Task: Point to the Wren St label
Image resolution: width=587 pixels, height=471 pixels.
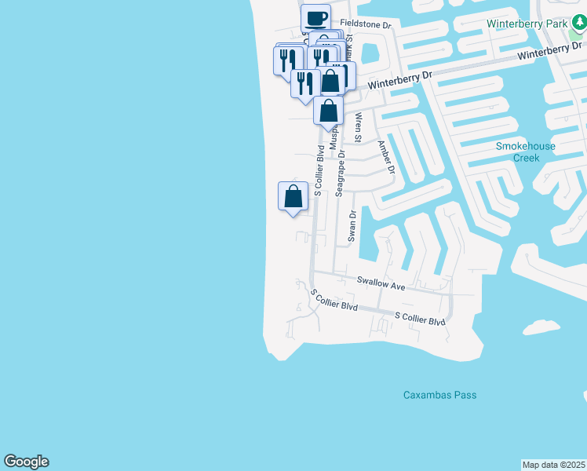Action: (x=359, y=128)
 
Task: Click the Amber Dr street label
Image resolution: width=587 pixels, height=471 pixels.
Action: (x=385, y=157)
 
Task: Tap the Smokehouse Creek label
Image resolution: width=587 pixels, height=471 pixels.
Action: (x=526, y=152)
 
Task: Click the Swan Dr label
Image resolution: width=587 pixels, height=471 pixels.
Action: (x=352, y=225)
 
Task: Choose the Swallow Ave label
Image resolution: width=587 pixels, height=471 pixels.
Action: (x=381, y=283)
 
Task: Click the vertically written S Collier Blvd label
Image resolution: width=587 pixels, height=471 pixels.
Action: (x=319, y=170)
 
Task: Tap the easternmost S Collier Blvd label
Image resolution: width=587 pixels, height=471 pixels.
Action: (x=420, y=319)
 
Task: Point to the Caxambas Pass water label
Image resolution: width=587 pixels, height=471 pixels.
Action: (x=439, y=395)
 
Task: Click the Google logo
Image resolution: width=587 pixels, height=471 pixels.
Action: (x=26, y=462)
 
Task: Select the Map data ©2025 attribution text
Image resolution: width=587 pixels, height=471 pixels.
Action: (x=553, y=464)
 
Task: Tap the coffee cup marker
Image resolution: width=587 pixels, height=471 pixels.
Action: (x=316, y=18)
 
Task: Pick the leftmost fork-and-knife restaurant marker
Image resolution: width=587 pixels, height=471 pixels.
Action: (x=287, y=60)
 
